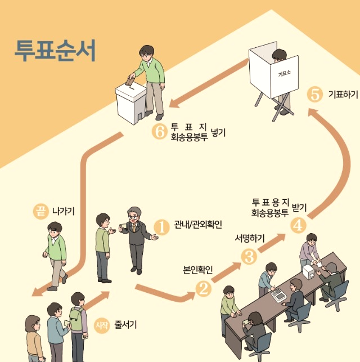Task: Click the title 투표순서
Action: (55, 51)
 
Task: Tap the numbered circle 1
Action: (161, 227)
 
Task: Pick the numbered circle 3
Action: (249, 257)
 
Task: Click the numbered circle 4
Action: (298, 224)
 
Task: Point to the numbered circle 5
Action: (316, 94)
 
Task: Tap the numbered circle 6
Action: (159, 132)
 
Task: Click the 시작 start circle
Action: (101, 325)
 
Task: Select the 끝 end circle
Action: (40, 212)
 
